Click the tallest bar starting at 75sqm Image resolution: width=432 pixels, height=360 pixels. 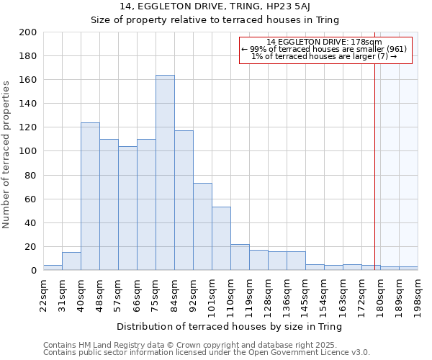pyautogui.click(x=165, y=173)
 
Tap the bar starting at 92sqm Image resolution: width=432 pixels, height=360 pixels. pyautogui.click(x=202, y=227)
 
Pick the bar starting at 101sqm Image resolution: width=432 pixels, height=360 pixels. pyautogui.click(x=221, y=238)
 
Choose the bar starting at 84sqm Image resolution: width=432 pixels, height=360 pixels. pyautogui.click(x=184, y=200)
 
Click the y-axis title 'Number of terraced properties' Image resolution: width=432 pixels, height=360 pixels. pyautogui.click(x=7, y=155)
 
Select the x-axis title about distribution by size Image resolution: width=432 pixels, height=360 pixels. pyautogui.click(x=229, y=326)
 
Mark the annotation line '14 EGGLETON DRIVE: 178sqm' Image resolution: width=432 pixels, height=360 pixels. pyautogui.click(x=324, y=42)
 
